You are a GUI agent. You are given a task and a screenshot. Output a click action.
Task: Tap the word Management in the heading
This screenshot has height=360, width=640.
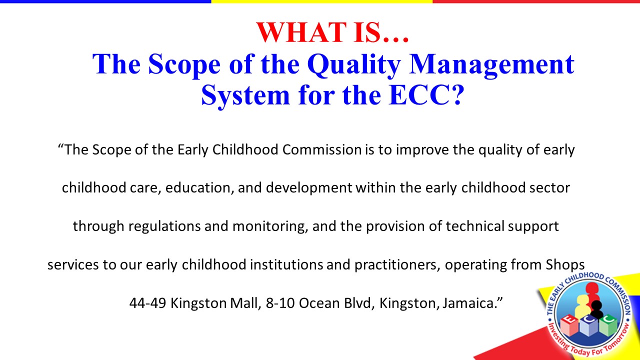coord(491,65)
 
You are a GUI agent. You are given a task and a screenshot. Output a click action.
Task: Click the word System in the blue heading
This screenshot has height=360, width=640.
coord(245,95)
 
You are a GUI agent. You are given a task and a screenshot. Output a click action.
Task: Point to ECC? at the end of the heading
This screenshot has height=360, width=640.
coord(426,95)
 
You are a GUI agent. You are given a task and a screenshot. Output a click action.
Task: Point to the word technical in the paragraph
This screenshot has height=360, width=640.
coord(475,226)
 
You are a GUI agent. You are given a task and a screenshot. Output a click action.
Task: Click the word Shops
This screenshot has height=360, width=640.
coord(565,265)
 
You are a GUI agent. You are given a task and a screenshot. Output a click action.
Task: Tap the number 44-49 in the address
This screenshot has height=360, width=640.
coord(147,303)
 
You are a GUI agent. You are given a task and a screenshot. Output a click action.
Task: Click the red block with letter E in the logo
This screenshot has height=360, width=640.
coord(569,325)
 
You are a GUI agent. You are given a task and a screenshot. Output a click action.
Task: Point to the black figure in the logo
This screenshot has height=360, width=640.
coord(596,309)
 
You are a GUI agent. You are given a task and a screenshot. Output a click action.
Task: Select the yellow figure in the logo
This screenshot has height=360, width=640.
coord(583,305)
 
